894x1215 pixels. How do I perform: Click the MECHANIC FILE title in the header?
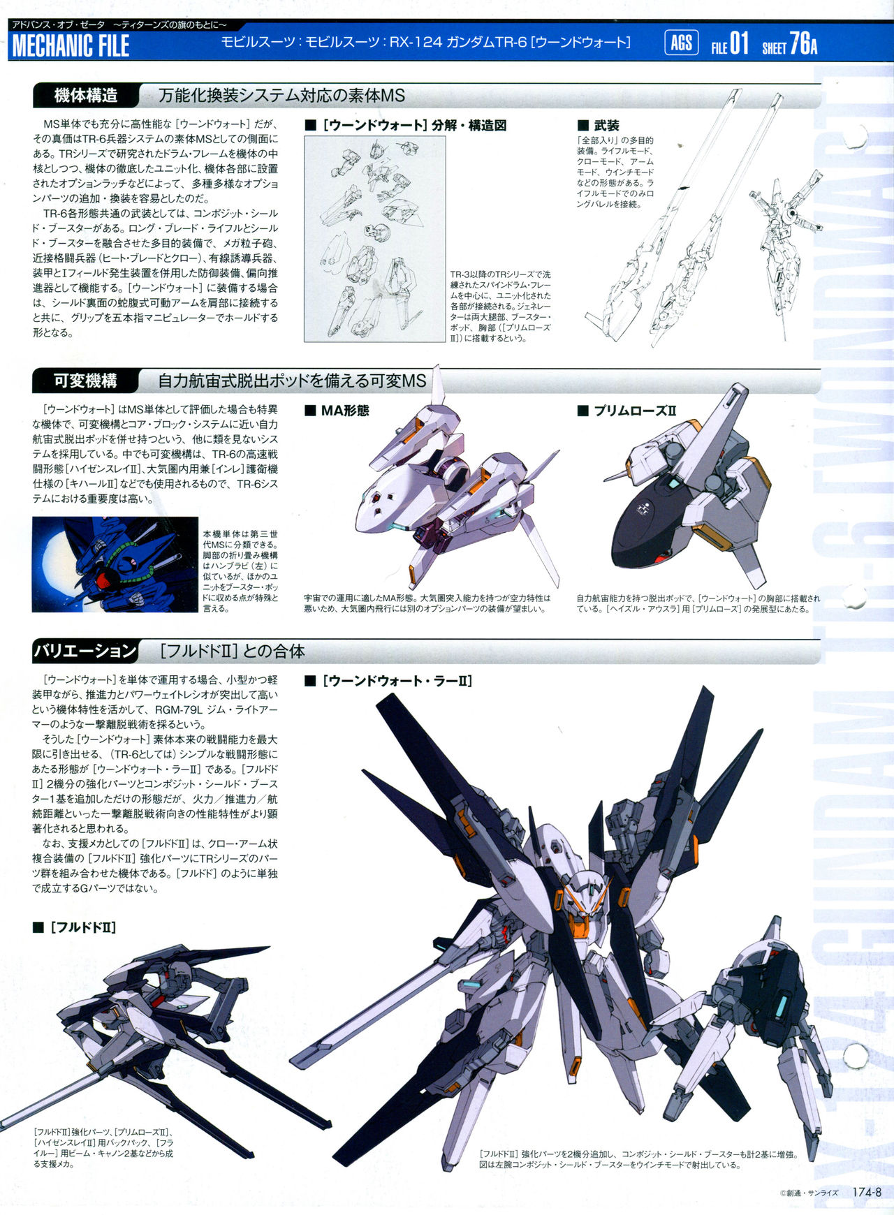[x=71, y=46]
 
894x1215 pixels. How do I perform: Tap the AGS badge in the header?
[x=681, y=43]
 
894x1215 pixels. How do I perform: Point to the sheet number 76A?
[x=803, y=44]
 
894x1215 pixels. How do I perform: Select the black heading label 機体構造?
[x=86, y=95]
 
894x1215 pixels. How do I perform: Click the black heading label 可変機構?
[x=86, y=381]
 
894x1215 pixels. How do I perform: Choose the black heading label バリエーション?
[x=86, y=651]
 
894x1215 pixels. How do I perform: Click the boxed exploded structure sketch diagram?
[x=374, y=239]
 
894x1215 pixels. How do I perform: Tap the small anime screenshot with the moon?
[x=115, y=564]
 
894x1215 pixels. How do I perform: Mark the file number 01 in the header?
[x=739, y=44]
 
